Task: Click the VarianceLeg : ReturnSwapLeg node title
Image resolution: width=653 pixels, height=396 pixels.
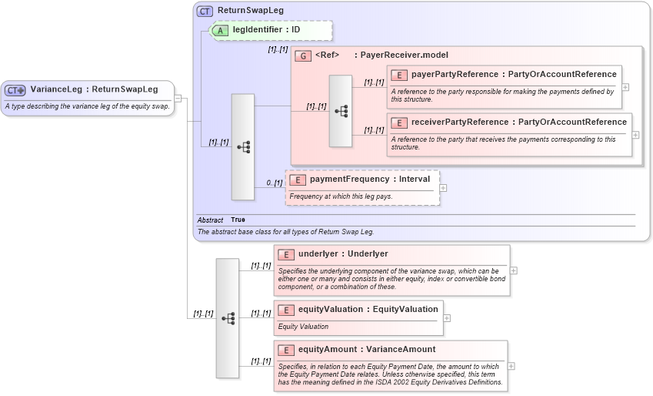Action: [x=94, y=89]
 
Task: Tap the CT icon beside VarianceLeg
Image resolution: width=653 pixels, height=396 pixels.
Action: [x=15, y=90]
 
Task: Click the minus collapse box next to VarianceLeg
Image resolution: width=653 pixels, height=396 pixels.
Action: [x=178, y=98]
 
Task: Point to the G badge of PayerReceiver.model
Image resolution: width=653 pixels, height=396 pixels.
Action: [x=303, y=55]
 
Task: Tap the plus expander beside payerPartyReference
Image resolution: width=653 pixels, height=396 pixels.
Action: [x=625, y=86]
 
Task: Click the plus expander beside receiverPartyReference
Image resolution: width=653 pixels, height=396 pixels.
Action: [x=635, y=134]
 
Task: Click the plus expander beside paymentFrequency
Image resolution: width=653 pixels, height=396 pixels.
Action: [x=443, y=187]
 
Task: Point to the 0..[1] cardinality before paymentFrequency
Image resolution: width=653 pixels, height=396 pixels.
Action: [x=275, y=183]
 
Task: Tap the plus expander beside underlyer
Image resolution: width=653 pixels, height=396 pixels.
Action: [x=514, y=270]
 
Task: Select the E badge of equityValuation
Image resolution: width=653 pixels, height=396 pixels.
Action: [x=285, y=310]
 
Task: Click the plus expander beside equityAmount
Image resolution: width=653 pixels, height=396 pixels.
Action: [x=511, y=366]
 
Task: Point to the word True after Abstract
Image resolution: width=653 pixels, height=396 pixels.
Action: [x=238, y=220]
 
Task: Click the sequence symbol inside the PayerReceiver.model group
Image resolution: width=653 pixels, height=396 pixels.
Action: [x=341, y=112]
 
